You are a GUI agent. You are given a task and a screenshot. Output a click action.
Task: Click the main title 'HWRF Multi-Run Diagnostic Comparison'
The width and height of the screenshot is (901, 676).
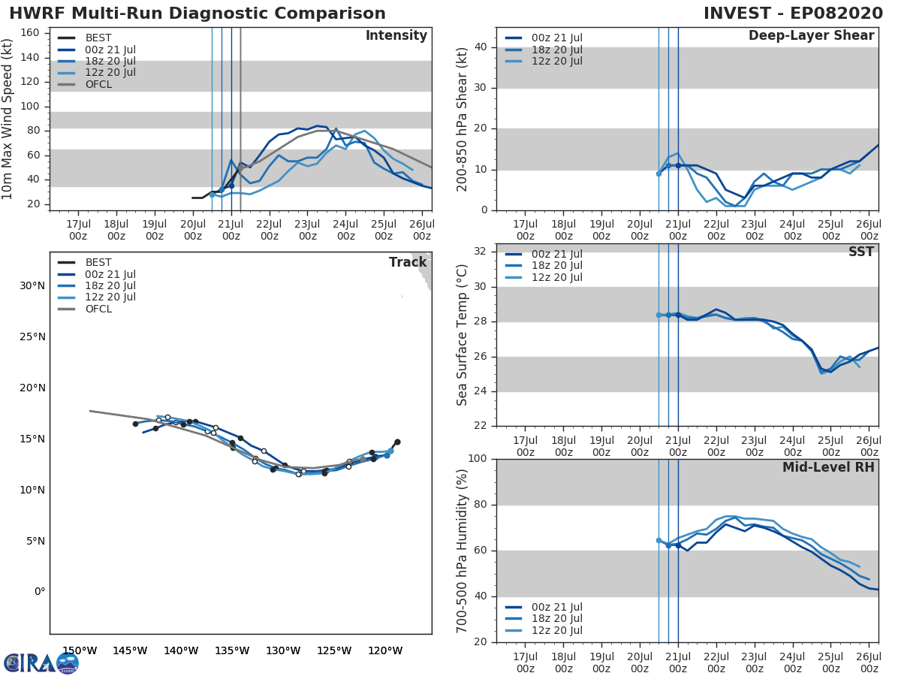pos(197,14)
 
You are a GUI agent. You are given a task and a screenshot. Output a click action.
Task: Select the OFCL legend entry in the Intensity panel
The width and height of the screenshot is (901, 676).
pos(98,84)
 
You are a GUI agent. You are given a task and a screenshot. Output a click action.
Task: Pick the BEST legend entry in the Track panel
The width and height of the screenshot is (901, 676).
pos(98,263)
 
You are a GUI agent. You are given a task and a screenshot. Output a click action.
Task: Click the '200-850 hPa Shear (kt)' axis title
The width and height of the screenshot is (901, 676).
pos(463,119)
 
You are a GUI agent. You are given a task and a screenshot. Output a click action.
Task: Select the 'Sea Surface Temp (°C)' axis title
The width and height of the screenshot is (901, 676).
pos(463,335)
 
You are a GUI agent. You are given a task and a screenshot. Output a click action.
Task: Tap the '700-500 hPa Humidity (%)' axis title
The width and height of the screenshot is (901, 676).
pos(463,550)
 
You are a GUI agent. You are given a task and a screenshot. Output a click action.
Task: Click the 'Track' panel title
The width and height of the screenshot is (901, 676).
pos(408,263)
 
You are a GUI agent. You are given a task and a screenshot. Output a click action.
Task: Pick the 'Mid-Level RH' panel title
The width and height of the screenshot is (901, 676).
pos(828,468)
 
